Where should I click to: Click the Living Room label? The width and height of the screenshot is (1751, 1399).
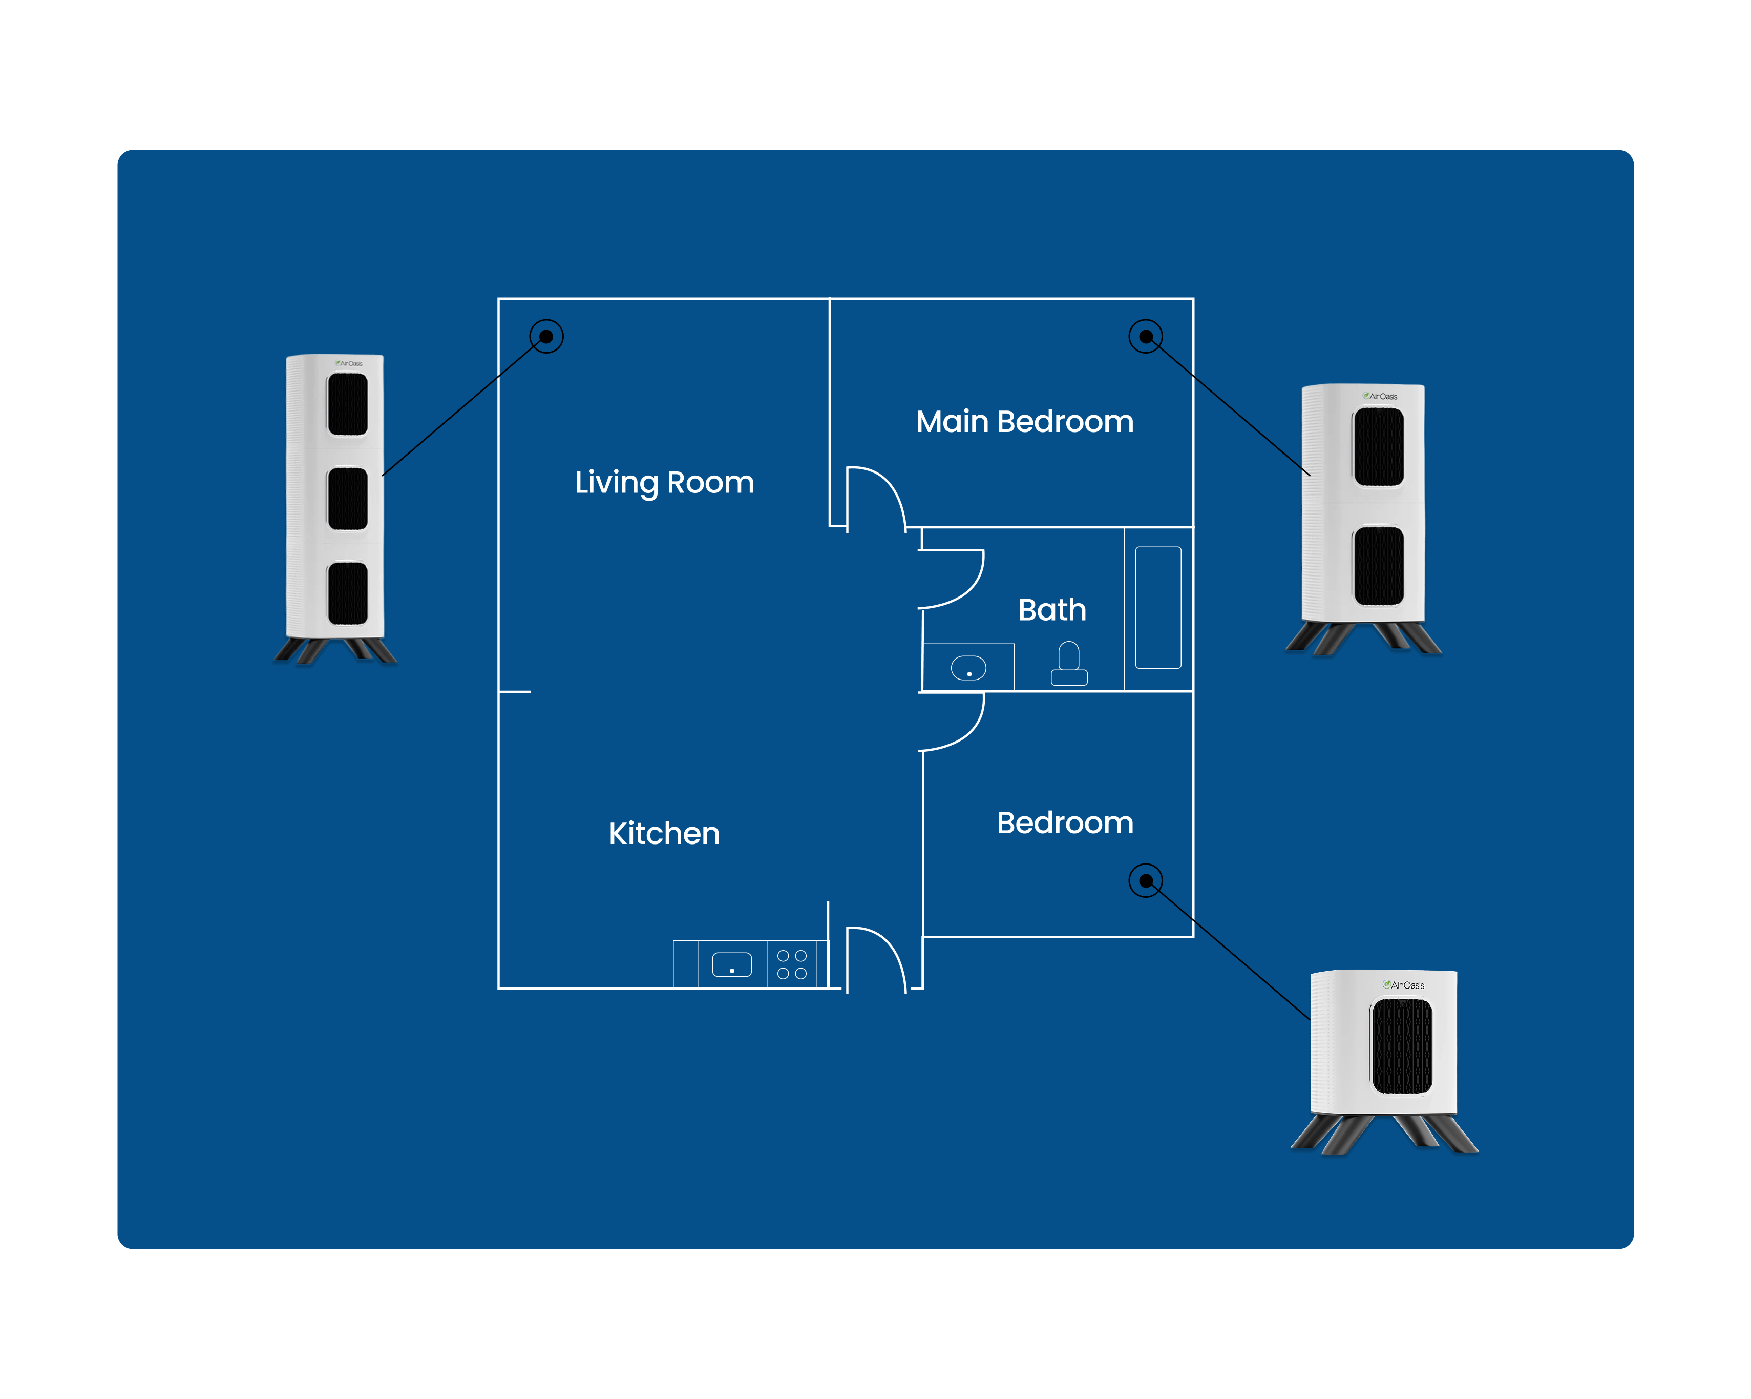(664, 483)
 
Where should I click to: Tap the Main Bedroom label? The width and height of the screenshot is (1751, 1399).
(1024, 422)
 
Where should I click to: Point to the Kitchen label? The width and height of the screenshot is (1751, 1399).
(664, 834)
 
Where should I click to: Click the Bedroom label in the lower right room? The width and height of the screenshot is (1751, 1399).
(1065, 823)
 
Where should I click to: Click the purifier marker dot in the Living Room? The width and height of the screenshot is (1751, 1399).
(546, 336)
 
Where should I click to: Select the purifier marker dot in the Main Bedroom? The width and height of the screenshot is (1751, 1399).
(1146, 336)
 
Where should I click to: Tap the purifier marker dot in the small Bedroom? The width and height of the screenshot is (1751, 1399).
(1146, 881)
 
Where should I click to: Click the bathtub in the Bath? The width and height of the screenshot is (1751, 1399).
(1158, 608)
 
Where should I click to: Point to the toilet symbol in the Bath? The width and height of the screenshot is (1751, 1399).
(1069, 665)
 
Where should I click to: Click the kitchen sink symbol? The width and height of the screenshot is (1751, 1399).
(732, 964)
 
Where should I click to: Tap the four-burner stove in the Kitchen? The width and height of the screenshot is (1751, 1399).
(792, 964)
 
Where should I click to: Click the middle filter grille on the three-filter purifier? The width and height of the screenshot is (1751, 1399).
(348, 499)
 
